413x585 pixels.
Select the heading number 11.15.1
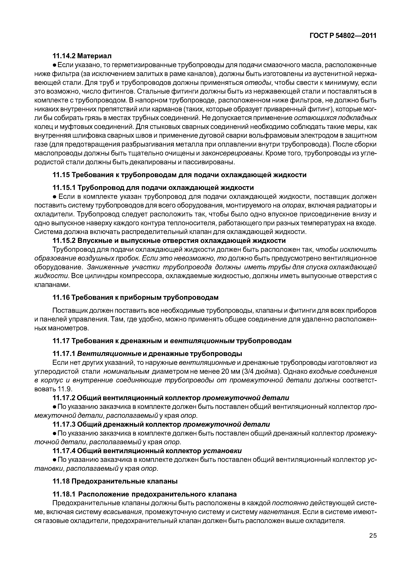click(x=64, y=188)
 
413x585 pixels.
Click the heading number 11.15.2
click(x=64, y=240)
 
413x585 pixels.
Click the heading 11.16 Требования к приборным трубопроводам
click(x=135, y=297)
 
